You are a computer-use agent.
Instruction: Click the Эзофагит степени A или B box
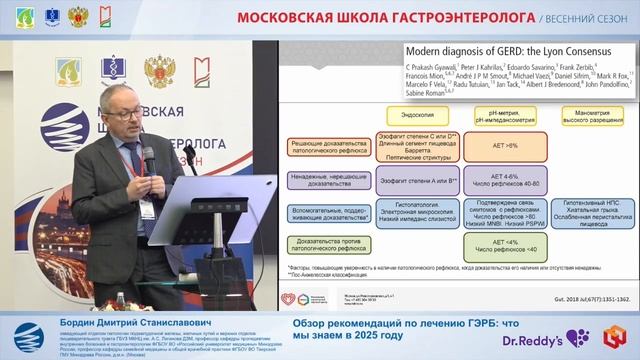pos(417,182)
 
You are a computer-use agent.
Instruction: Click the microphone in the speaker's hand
pos(148,149)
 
